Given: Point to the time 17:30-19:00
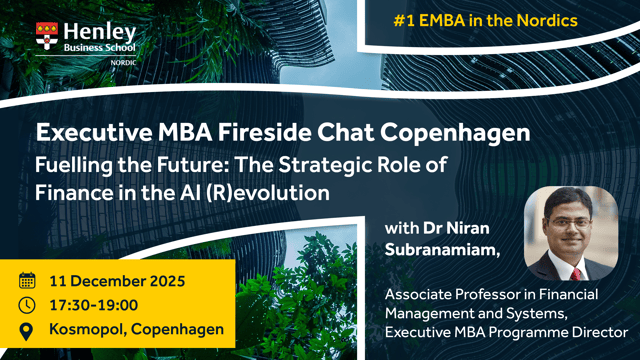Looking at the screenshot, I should (x=93, y=305).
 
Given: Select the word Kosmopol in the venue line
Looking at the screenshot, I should (x=88, y=330).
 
